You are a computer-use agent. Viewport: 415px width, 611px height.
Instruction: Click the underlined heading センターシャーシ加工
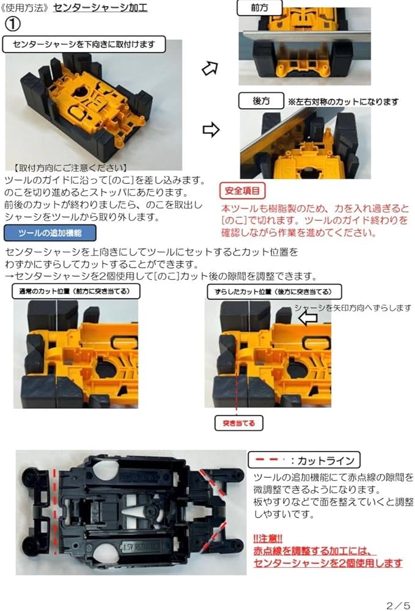tap(100, 8)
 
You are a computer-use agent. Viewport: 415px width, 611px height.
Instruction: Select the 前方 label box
tap(259, 7)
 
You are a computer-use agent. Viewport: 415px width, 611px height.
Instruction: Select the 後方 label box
tap(261, 101)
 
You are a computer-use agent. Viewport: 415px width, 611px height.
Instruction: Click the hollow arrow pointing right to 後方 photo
tap(210, 130)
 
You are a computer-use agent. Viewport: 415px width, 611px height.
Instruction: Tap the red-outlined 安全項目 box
tap(242, 191)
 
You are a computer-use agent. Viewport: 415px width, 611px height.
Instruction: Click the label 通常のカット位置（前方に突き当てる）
tap(76, 291)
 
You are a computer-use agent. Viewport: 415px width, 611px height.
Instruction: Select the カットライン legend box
tap(304, 459)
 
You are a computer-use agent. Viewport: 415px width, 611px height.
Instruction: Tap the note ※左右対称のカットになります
tap(343, 101)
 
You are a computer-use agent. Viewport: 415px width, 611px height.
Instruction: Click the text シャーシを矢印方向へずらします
tap(353, 308)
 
